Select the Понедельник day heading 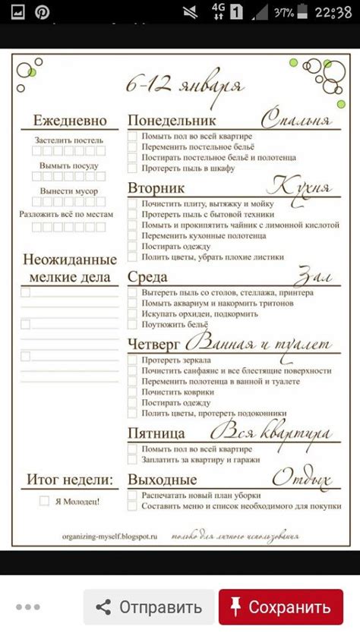tap(172, 121)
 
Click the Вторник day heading tap(157, 187)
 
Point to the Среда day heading tap(147, 277)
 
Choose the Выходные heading tap(162, 479)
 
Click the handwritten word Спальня tap(296, 120)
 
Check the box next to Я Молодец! tap(44, 501)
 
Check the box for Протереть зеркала tap(132, 359)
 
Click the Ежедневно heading tap(70, 121)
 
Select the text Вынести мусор tap(70, 190)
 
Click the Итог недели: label tap(70, 479)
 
